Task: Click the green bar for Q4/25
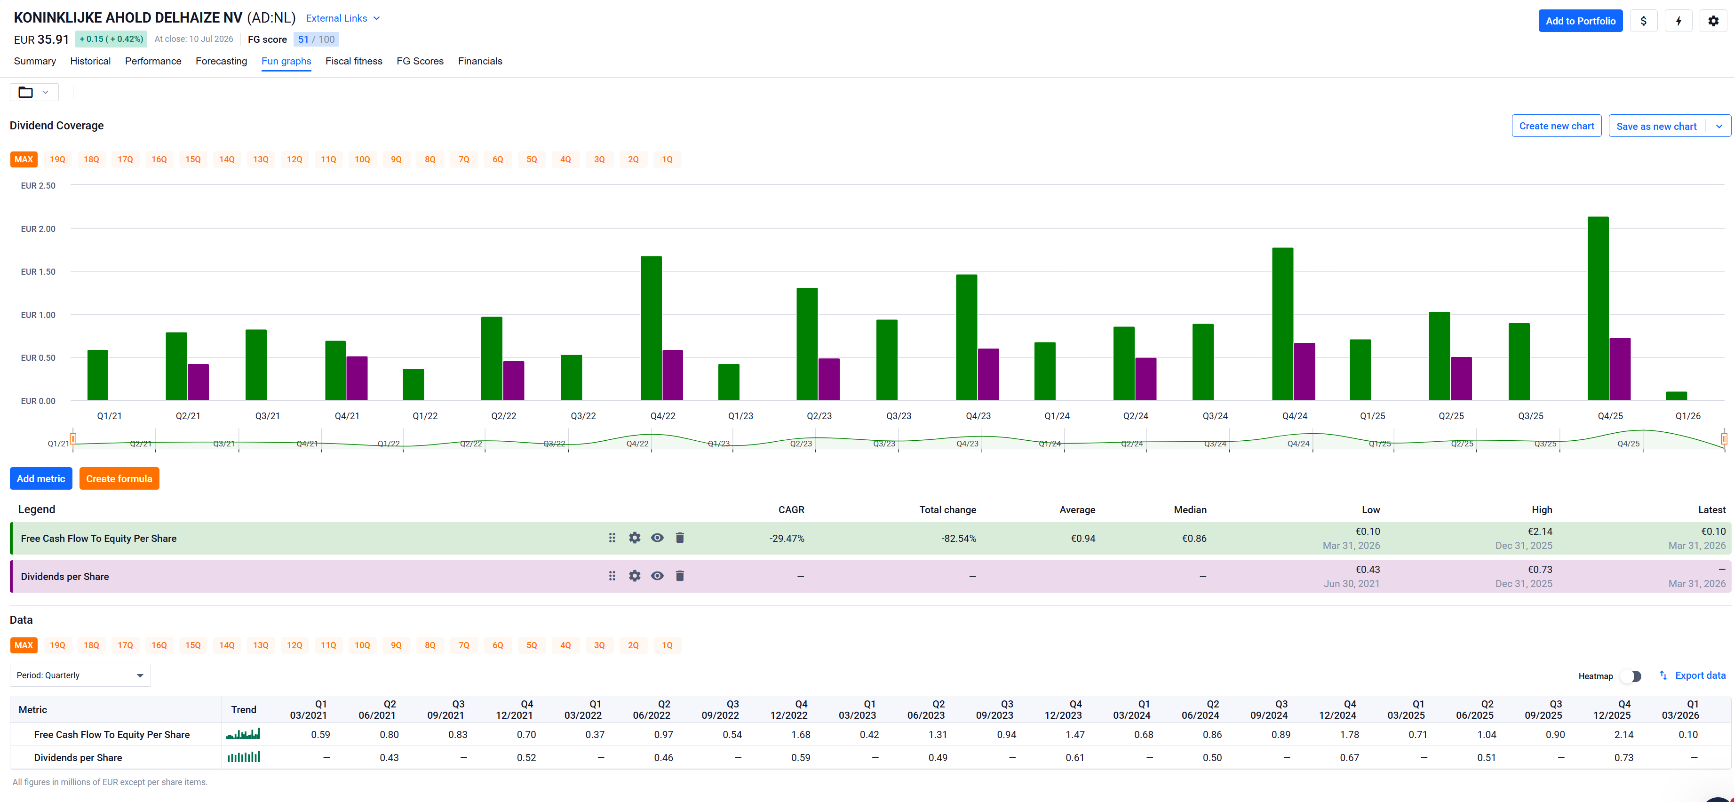point(1598,308)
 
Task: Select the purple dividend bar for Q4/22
point(672,375)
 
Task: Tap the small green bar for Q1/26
point(1676,396)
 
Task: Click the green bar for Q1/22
point(414,384)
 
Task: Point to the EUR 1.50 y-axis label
point(39,272)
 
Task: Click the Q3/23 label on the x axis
point(899,416)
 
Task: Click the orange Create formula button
point(119,478)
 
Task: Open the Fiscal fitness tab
point(353,61)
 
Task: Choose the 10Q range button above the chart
point(362,159)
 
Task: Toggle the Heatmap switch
point(1631,676)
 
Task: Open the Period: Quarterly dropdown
point(80,675)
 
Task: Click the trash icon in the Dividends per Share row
point(680,576)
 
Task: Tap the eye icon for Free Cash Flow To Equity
point(657,538)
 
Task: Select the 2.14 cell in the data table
point(1623,735)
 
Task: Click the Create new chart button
point(1556,126)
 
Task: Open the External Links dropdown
point(342,18)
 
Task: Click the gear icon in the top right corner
point(1713,21)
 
